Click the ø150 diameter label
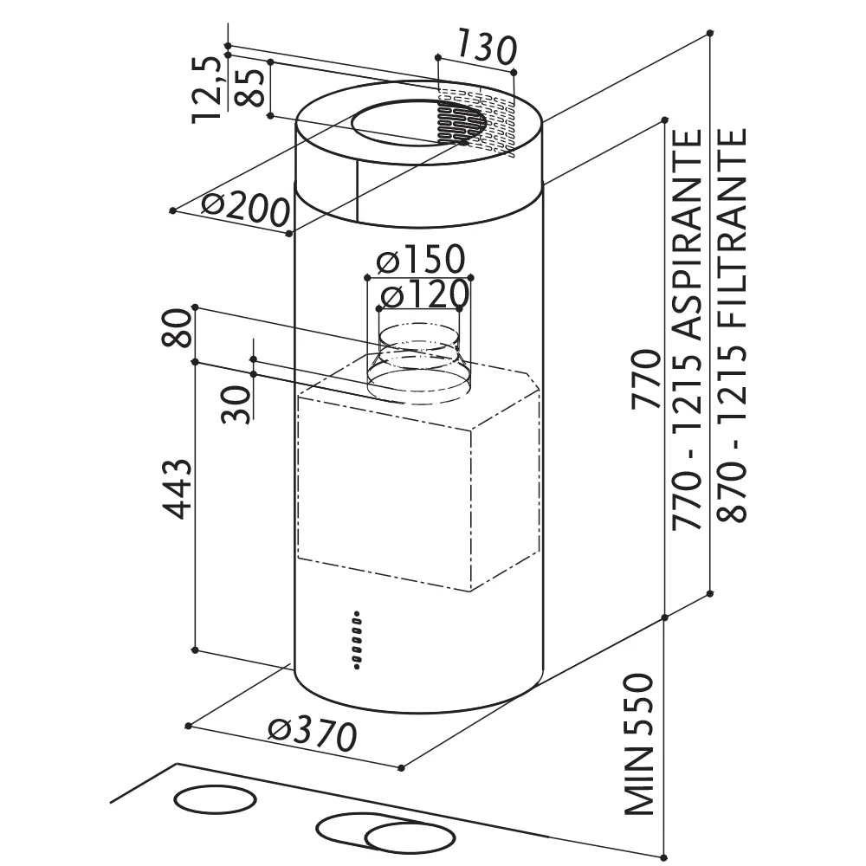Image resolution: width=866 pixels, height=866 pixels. [x=422, y=260]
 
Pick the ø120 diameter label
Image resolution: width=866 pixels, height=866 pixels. [x=424, y=295]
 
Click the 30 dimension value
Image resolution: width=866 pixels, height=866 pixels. [x=235, y=404]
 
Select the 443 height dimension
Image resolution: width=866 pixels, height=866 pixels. [x=178, y=488]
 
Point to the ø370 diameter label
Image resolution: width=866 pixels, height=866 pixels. [x=313, y=734]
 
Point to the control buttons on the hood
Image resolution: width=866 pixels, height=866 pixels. [x=357, y=641]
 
